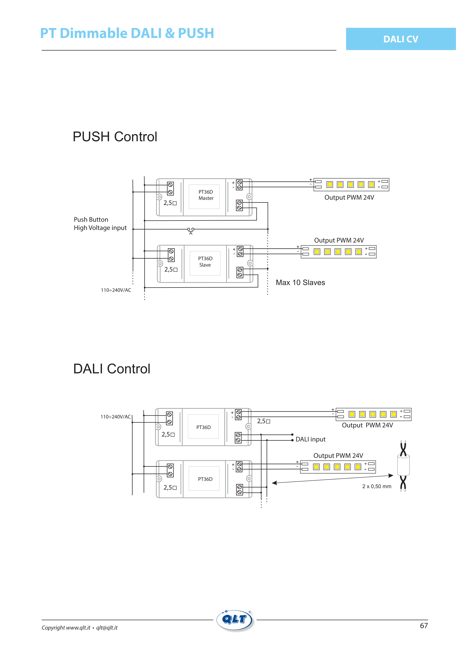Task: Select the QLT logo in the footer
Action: point(235,620)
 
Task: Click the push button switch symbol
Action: point(191,231)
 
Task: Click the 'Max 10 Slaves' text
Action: point(300,282)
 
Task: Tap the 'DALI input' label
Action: point(310,439)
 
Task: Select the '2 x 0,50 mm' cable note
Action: point(377,486)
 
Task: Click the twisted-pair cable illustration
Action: point(403,466)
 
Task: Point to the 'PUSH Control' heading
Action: point(115,137)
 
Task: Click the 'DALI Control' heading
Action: point(112,369)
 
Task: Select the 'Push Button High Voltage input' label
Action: point(100,224)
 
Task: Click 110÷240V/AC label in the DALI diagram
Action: point(116,417)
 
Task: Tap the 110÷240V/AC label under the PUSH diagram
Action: point(116,290)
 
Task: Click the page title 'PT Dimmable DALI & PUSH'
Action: point(127,33)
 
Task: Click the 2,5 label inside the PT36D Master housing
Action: point(170,203)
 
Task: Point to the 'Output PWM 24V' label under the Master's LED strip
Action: point(349,198)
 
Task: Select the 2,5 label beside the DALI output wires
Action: point(264,421)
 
